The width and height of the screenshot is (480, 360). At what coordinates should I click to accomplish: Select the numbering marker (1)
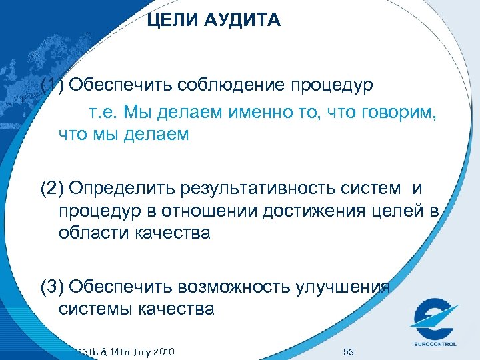[x=53, y=86]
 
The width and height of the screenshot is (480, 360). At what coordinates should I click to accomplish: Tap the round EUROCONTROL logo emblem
[x=435, y=318]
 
